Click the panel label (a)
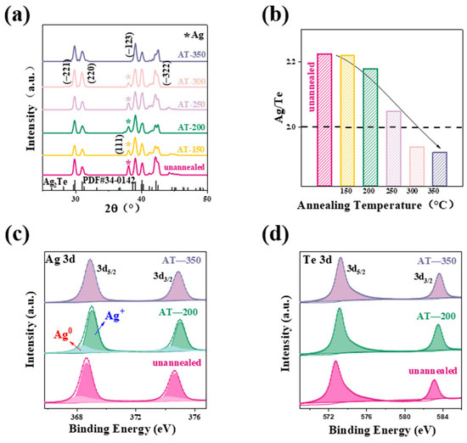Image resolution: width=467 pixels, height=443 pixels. coord(18,12)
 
